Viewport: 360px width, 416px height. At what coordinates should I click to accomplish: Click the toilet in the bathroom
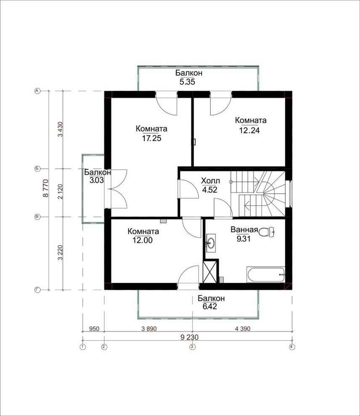[x=266, y=232]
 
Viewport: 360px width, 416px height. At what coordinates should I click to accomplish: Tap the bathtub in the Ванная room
[x=266, y=275]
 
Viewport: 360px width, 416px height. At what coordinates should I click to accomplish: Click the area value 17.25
[x=151, y=138]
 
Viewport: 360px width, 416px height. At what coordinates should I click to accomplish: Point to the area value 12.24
[x=249, y=130]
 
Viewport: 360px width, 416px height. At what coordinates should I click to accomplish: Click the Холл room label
[x=211, y=181]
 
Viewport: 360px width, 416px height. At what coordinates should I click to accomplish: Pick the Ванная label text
[x=244, y=229]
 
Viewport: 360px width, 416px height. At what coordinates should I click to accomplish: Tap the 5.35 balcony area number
[x=187, y=82]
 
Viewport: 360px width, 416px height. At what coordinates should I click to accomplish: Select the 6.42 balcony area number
[x=210, y=306]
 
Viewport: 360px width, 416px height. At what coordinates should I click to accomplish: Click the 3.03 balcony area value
[x=96, y=181]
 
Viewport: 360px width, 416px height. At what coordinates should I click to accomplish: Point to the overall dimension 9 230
[x=190, y=337]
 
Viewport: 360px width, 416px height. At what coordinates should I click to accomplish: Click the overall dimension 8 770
[x=46, y=188]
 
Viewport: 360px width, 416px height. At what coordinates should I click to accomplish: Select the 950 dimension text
[x=94, y=329]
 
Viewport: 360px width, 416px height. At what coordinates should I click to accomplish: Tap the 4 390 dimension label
[x=243, y=329]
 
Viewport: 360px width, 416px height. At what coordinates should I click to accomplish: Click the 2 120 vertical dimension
[x=60, y=192]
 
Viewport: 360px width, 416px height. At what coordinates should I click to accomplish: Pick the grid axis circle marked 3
[x=192, y=347]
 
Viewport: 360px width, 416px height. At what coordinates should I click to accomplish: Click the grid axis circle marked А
[x=37, y=91]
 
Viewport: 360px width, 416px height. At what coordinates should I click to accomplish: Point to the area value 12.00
[x=143, y=240]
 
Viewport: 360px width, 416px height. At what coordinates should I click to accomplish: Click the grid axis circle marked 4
[x=292, y=347]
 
